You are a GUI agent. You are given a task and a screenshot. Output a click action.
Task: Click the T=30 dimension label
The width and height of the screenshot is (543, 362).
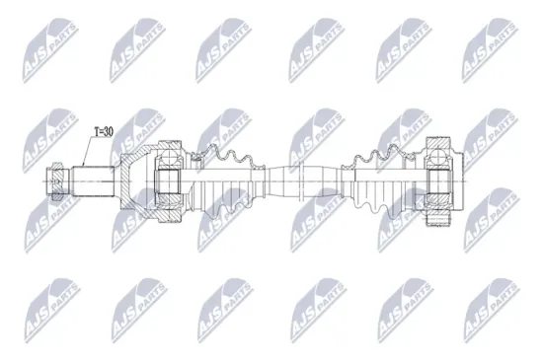click(102, 129)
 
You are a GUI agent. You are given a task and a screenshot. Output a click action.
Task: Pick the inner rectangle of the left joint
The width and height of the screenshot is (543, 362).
click(168, 181)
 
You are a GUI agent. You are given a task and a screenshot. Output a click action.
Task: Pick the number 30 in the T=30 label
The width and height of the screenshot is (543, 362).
click(110, 129)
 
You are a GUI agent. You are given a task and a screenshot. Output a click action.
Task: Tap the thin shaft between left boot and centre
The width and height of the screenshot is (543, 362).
click(263, 181)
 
